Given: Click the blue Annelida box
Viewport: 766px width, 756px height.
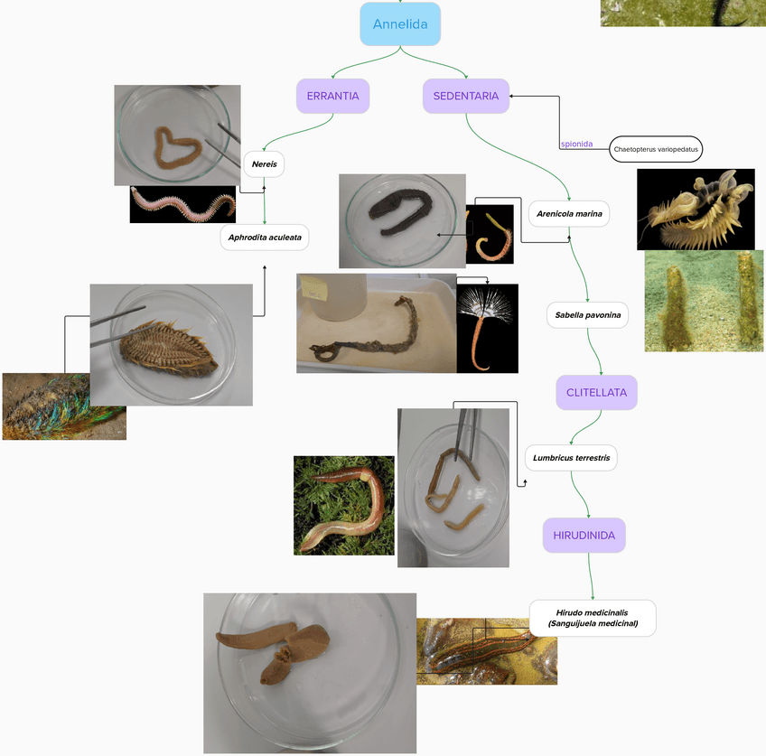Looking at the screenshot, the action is pos(400,24).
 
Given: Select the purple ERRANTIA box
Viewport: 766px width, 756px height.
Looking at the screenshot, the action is pos(333,96).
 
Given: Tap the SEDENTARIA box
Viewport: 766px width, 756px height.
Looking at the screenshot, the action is pos(465,96).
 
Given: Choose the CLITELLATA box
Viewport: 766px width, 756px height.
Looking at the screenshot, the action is pos(596,393).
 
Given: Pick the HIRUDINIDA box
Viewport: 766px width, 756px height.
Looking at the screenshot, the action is pos(584,535).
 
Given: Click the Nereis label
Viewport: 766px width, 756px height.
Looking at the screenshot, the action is pos(264,164).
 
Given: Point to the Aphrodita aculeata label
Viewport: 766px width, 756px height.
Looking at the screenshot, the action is pos(264,238).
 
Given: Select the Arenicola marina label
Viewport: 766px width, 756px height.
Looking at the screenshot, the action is pos(569,214).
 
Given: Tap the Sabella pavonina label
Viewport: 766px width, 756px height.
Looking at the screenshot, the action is pos(587,315).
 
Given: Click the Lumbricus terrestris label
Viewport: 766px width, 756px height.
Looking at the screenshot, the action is pos(571,457).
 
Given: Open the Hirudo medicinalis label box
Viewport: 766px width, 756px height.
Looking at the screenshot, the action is pos(593,618).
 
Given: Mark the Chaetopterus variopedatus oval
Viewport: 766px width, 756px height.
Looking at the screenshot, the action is pos(656,149).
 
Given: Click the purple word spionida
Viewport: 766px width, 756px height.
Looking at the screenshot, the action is pos(576,144).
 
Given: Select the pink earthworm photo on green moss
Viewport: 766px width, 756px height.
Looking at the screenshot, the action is pos(343,505).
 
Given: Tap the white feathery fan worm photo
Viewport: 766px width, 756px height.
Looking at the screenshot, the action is pos(488,327).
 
